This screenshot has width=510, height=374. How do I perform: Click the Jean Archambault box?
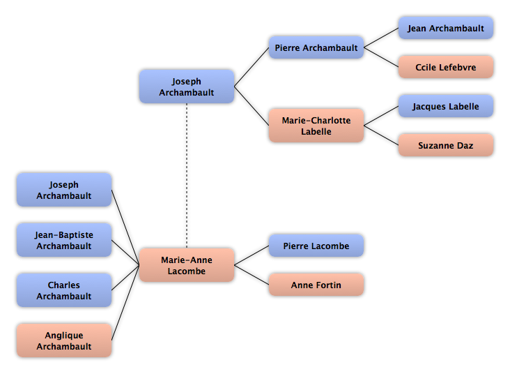click(446, 28)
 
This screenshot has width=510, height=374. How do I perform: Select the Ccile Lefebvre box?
click(446, 67)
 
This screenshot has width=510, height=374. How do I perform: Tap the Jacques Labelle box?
click(446, 106)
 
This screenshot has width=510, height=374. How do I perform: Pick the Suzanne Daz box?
click(446, 145)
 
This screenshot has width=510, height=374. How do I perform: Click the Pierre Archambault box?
click(316, 47)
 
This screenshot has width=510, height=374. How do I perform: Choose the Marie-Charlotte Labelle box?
click(316, 126)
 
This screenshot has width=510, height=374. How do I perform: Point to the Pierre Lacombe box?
click(316, 246)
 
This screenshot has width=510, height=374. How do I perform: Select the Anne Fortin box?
click(316, 285)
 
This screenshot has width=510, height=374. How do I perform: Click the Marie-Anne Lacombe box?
click(187, 265)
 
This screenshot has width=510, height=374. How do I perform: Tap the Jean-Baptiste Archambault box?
click(64, 240)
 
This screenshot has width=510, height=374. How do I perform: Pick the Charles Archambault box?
click(64, 290)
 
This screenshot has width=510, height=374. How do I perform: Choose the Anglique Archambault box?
click(64, 341)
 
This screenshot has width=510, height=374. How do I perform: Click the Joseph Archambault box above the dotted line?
click(187, 87)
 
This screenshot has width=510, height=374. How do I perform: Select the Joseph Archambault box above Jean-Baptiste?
click(64, 190)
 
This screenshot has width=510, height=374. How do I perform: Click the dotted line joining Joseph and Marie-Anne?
click(187, 176)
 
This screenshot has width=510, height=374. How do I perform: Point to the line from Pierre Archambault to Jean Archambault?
click(381, 38)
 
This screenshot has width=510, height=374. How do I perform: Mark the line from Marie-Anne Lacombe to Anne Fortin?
click(252, 275)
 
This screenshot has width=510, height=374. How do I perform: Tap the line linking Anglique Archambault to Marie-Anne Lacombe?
click(125, 303)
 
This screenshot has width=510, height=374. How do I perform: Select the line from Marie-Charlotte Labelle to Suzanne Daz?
click(381, 135)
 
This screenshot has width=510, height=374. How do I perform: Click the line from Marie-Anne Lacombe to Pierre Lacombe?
click(252, 255)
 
